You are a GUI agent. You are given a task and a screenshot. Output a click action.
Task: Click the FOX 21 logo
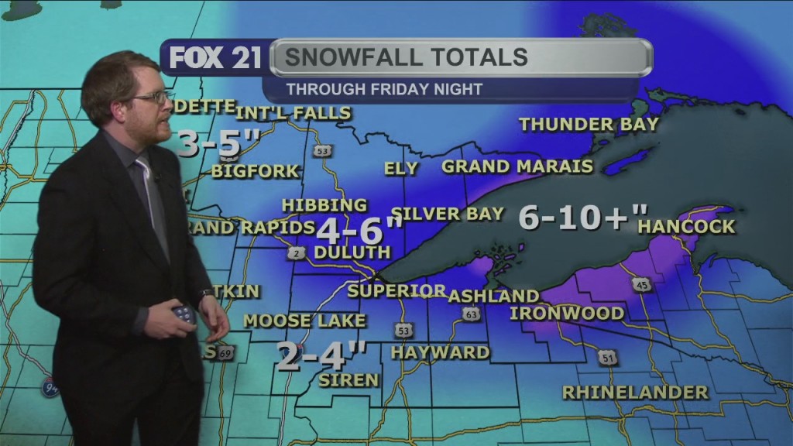[215, 58]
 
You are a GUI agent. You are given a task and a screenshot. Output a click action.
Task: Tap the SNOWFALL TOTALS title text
[406, 57]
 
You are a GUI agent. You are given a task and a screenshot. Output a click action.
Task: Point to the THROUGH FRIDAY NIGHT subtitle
[384, 89]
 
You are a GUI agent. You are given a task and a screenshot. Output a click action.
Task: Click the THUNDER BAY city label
[589, 124]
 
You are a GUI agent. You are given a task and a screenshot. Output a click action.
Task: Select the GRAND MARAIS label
[517, 166]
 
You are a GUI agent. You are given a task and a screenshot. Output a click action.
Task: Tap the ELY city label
[400, 168]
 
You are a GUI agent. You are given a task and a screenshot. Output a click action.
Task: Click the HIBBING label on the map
[324, 205]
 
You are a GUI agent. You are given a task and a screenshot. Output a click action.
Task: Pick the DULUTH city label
[352, 252]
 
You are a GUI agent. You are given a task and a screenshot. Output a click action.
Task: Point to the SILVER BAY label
[448, 213]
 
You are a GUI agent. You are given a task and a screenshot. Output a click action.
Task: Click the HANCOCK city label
[686, 227]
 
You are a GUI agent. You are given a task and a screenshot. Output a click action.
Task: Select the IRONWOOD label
[566, 313]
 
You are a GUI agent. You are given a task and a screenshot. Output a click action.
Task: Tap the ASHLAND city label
[493, 296]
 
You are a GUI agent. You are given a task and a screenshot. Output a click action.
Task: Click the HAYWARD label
[440, 352]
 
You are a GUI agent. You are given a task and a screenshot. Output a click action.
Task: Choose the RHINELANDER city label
[635, 393]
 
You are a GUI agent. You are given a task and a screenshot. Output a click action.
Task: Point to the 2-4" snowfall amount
[321, 358]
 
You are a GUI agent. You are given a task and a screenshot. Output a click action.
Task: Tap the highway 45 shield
[642, 284]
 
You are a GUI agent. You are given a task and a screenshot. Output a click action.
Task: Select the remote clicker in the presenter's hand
[184, 314]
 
